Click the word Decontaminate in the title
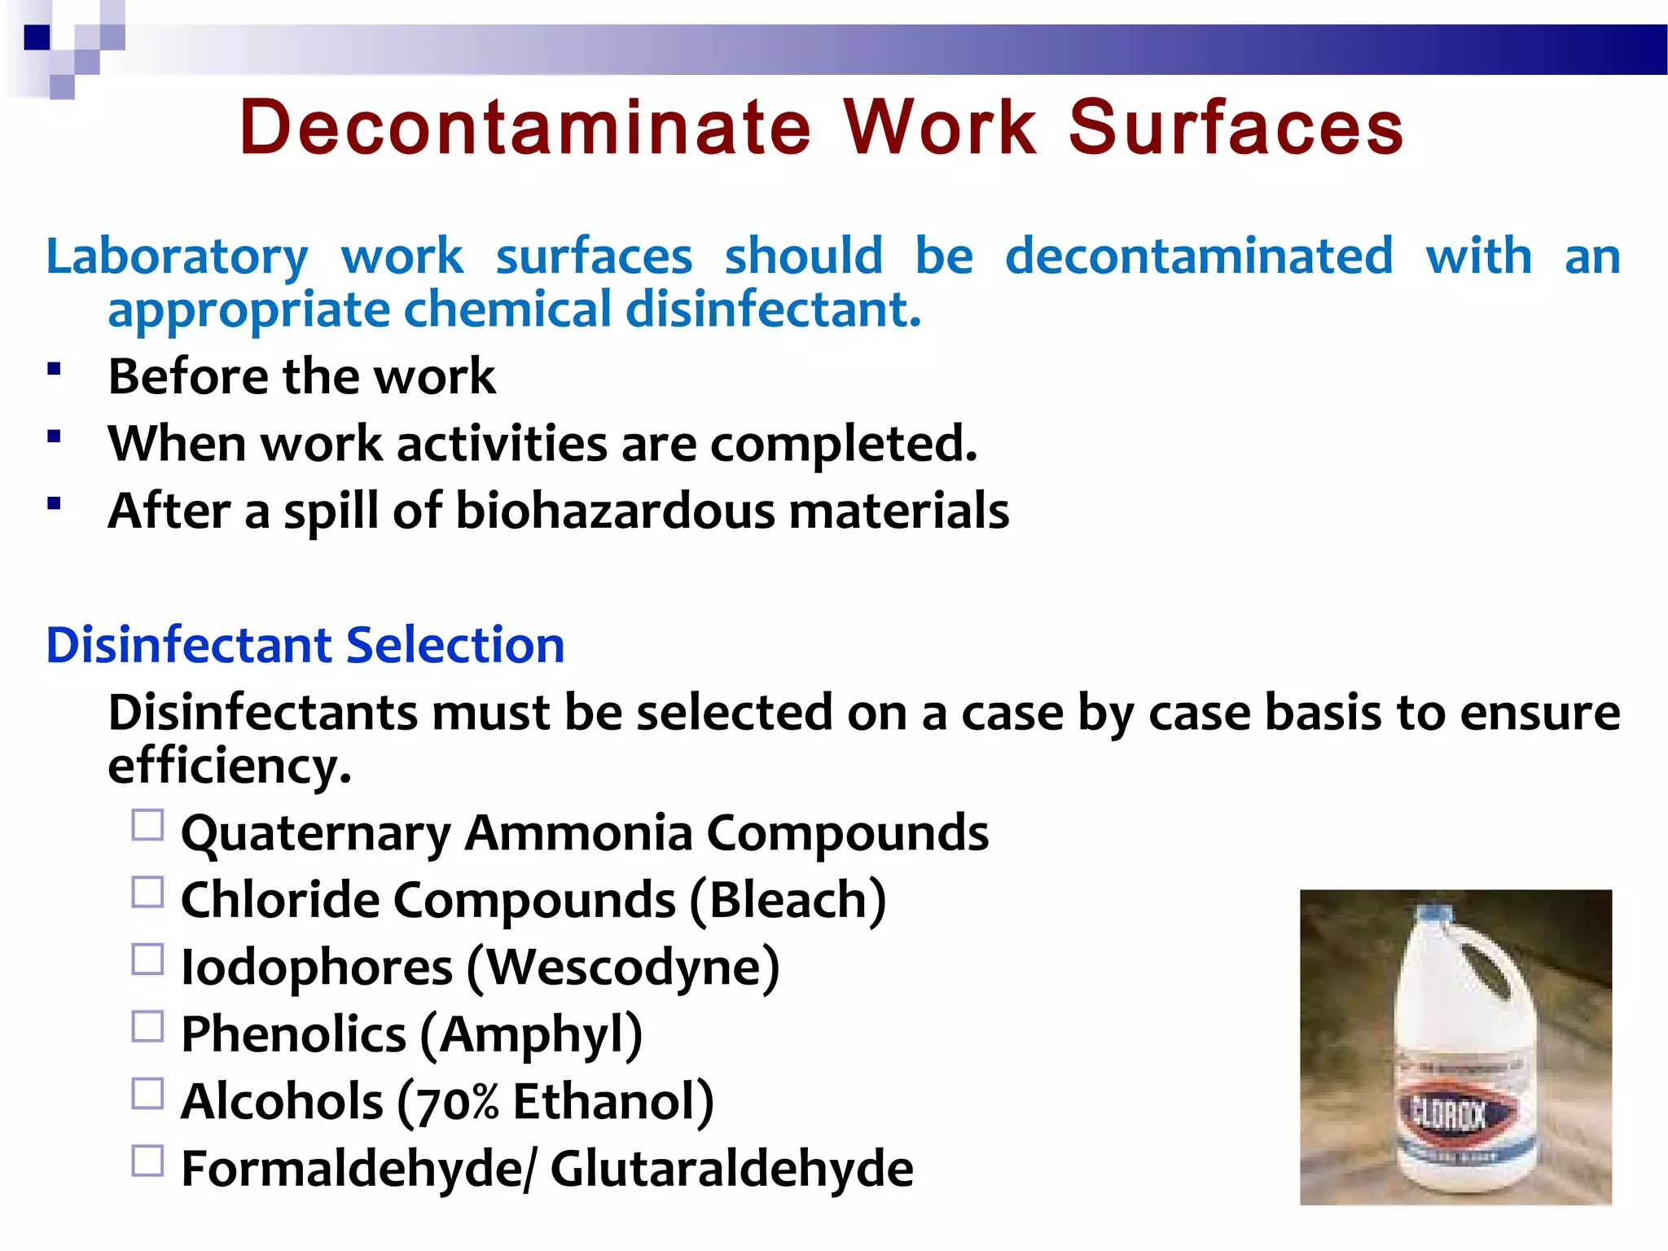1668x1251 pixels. [x=525, y=128]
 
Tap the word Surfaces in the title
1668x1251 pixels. [x=1236, y=128]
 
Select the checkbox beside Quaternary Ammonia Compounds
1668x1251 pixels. [x=147, y=825]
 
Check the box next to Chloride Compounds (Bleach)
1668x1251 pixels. [x=147, y=893]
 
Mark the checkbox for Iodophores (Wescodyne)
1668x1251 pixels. [x=147, y=959]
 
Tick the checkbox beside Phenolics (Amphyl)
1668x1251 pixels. [x=147, y=1027]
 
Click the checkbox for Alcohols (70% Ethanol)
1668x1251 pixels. [x=147, y=1094]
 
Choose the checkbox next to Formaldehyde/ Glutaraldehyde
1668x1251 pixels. [x=147, y=1161]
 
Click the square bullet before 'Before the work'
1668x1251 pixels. [x=55, y=369]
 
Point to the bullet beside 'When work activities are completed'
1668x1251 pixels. [x=55, y=437]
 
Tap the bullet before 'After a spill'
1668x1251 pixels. [x=55, y=503]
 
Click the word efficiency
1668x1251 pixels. [x=229, y=766]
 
